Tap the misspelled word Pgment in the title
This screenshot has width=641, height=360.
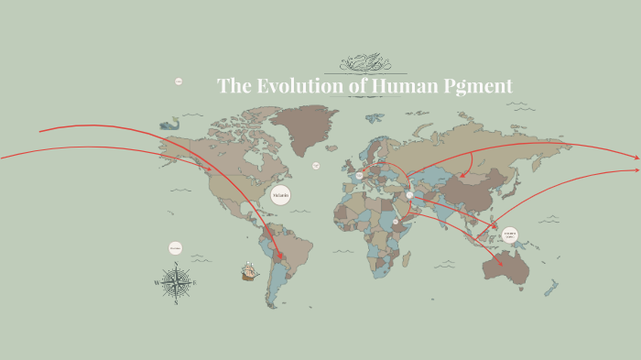click(474, 87)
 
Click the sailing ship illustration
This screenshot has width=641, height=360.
click(249, 271)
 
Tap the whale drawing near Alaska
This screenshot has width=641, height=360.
click(168, 123)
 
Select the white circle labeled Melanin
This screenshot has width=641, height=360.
click(280, 195)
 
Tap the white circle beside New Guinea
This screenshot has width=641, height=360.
click(510, 235)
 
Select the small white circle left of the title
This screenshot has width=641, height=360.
click(179, 82)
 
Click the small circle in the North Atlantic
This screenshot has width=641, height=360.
click(316, 166)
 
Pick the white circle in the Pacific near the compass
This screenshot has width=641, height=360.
click(175, 247)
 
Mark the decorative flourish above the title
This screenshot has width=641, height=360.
click(372, 63)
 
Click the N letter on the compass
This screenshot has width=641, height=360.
click(176, 265)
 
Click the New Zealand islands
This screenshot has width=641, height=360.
click(552, 289)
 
